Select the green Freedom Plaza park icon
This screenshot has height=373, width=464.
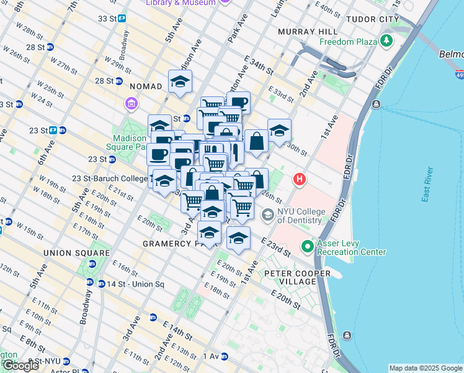(x=387, y=42)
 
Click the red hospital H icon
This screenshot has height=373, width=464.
(x=300, y=180)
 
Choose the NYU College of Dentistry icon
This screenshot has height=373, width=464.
(x=268, y=215)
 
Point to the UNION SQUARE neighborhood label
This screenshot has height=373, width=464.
(x=77, y=253)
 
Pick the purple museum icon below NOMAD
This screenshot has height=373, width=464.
(x=132, y=103)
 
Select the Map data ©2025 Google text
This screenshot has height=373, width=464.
(x=425, y=368)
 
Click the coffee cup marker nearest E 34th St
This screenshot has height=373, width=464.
(x=238, y=103)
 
